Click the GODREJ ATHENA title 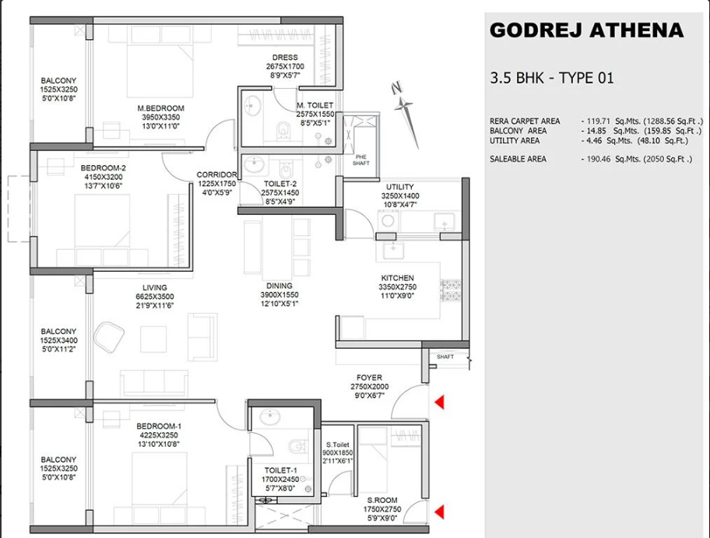tap(586, 30)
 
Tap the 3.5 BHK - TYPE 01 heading tap(551, 78)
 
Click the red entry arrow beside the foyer tap(439, 402)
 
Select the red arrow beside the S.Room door tap(439, 512)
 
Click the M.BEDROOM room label tap(160, 108)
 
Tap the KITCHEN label tap(397, 278)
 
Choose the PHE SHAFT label tap(361, 160)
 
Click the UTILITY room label tap(400, 187)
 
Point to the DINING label tap(279, 286)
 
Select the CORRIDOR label tap(216, 175)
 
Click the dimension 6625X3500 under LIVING tap(155, 297)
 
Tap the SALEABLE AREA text tap(518, 159)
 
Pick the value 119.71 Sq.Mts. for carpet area tap(611, 121)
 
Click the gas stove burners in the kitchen tap(451, 290)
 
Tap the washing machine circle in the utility tap(388, 221)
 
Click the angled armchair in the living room tap(109, 337)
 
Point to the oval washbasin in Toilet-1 tap(271, 417)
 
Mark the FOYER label tap(369, 378)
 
